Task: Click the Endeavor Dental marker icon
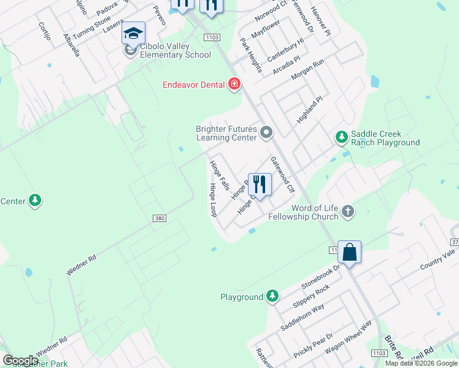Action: [234, 84]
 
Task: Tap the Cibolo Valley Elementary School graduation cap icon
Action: [133, 33]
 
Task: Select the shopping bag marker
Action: [349, 252]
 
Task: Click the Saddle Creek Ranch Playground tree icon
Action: [342, 137]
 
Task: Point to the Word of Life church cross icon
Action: [348, 212]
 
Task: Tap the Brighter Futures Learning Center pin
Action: [266, 132]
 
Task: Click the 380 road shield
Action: [158, 218]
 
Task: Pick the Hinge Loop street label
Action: [214, 200]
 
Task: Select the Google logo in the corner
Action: [20, 361]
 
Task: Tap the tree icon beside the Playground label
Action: [272, 297]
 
